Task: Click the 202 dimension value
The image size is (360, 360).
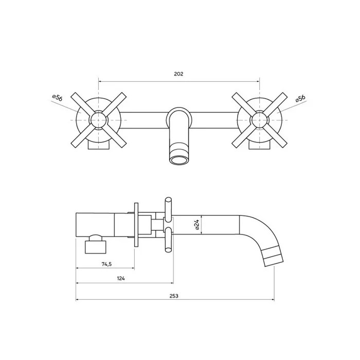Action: point(178,74)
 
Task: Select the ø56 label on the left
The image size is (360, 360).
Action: point(57,98)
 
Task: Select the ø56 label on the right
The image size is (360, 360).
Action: point(300,98)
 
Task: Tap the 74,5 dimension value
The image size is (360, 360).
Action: point(106,264)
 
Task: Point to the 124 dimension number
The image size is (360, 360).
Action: point(121,279)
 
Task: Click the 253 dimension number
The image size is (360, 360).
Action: point(174,296)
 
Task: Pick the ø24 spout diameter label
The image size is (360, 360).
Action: point(197,225)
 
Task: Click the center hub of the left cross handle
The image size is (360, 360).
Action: point(99,120)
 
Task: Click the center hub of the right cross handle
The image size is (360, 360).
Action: point(259,120)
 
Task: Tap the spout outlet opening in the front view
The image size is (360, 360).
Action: point(179,160)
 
